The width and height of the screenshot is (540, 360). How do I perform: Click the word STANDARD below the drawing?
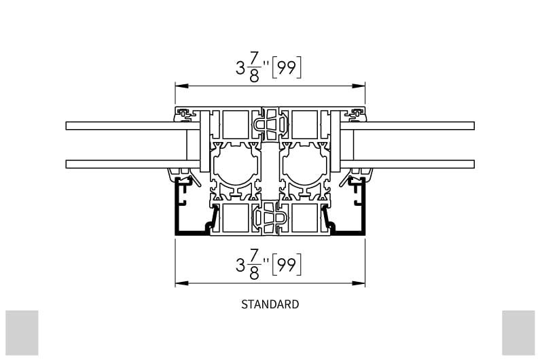click(270, 304)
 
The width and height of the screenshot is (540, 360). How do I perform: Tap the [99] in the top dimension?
click(286, 68)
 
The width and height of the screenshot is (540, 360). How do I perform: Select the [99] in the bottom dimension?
click(286, 264)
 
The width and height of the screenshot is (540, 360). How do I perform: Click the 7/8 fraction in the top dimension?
click(254, 69)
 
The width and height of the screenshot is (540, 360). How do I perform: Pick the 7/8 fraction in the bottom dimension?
click(254, 265)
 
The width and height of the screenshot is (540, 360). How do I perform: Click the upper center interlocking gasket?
click(270, 124)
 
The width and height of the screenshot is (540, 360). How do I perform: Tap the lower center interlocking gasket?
click(270, 219)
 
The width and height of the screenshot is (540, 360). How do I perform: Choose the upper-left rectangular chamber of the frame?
click(236, 125)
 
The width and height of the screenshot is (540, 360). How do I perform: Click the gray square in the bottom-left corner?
click(22, 332)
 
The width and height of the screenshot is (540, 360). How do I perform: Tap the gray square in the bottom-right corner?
click(518, 332)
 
